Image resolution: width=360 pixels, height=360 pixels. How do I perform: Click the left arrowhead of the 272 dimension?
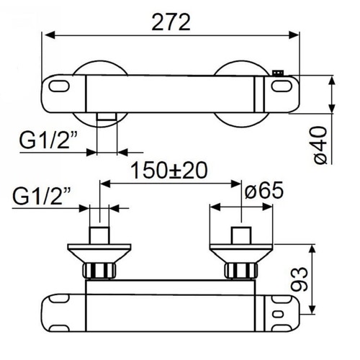[x=47, y=34]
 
